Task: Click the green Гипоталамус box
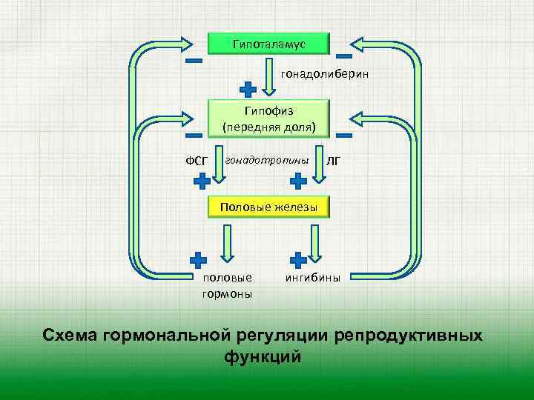268,44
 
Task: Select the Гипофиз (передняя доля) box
268,119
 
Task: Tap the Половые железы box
268,207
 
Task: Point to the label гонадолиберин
324,75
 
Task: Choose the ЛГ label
334,161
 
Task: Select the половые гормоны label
226,286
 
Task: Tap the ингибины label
313,279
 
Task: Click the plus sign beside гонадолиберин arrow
249,88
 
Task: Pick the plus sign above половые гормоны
198,260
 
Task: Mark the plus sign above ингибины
298,260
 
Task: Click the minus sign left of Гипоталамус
194,61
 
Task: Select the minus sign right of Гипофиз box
343,136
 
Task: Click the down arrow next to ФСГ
222,169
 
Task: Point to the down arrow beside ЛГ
320,169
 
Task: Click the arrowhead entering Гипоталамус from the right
366,44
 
